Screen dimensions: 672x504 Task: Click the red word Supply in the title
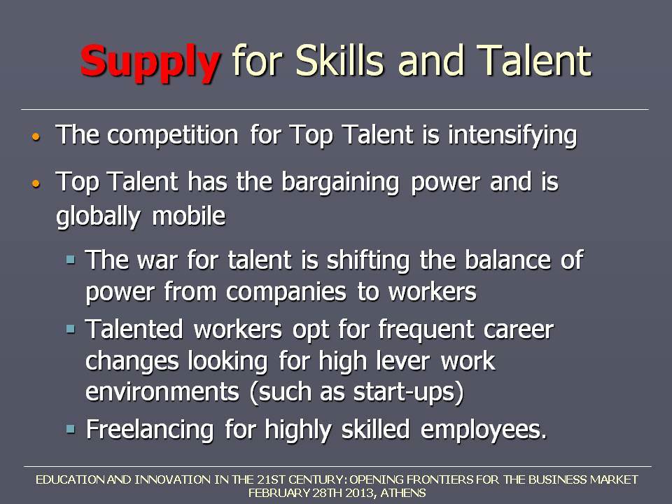click(150, 63)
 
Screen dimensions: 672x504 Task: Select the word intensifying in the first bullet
click(512, 135)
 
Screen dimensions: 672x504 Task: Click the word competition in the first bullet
click(172, 135)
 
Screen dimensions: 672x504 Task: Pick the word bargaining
click(340, 183)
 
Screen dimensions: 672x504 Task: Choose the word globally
click(98, 216)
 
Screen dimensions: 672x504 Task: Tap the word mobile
click(188, 215)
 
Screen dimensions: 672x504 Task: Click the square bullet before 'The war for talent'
click(71, 259)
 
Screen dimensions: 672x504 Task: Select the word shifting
click(368, 260)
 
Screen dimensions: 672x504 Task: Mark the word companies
click(286, 293)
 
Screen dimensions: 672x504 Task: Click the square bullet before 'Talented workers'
click(71, 329)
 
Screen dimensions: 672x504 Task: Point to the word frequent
click(426, 330)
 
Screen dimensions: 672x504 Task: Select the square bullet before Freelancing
click(71, 428)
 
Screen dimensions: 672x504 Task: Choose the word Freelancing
click(150, 430)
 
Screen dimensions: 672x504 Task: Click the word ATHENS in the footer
click(403, 493)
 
